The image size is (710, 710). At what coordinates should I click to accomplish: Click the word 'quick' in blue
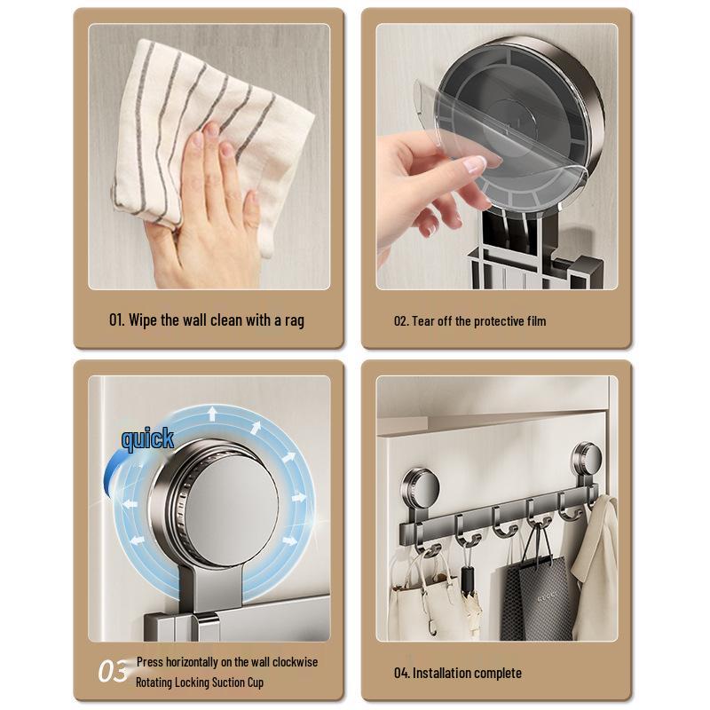[x=147, y=438]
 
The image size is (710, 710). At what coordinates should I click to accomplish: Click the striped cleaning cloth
[x=213, y=115]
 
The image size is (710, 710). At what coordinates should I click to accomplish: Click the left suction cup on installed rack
[x=421, y=487]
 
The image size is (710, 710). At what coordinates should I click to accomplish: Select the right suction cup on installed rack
[x=586, y=460]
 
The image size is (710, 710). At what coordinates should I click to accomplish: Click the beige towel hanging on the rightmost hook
[x=596, y=568]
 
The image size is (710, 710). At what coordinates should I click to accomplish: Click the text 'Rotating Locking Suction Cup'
[x=200, y=682]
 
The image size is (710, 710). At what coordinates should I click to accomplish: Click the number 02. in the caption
[x=401, y=321]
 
